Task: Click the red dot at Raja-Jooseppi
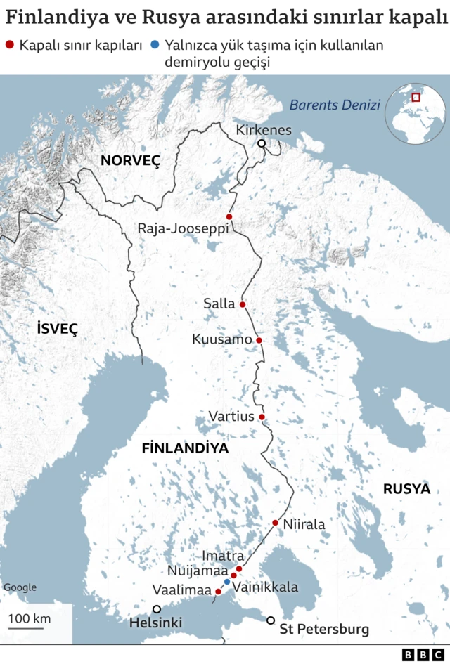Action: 229,216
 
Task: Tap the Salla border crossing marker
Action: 243,304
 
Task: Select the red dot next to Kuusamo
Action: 259,340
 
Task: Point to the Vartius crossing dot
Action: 262,417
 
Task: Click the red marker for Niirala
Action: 275,523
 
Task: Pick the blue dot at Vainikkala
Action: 226,582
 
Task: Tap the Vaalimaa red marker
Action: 218,592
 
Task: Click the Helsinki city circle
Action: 157,609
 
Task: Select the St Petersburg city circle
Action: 271,620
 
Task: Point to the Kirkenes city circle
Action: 262,143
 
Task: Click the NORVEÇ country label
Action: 131,160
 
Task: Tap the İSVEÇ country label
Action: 57,328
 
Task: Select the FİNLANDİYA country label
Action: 185,448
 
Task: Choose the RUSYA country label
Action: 406,489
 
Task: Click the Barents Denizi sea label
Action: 335,105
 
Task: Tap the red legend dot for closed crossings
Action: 9,46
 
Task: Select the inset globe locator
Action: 415,112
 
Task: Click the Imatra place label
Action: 223,556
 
